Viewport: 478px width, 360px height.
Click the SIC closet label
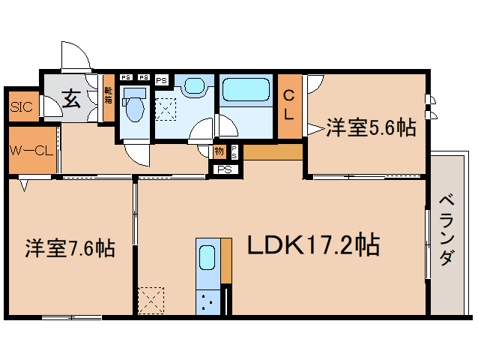coord(22,106)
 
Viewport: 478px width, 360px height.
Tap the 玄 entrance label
coord(71,97)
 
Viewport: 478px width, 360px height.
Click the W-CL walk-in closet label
coord(31,150)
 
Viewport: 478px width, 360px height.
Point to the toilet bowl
coord(135,106)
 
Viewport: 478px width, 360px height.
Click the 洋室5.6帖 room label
coord(371,128)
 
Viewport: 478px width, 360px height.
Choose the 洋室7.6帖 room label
coord(70,247)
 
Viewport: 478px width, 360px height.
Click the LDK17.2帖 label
coord(308,245)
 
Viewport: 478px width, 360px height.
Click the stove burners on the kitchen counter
coord(208,303)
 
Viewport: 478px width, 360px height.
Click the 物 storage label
coord(219,151)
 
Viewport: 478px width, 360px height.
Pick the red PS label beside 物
coord(234,151)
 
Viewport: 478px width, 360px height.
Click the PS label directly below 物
coord(224,169)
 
